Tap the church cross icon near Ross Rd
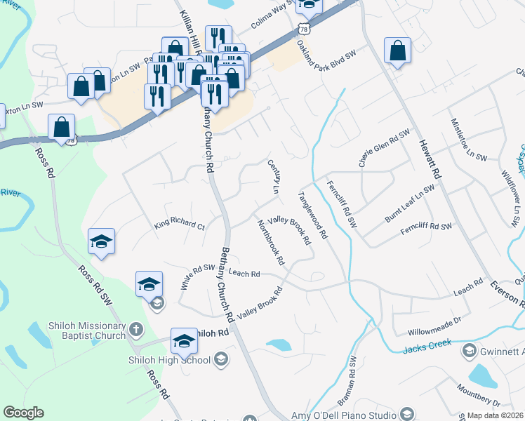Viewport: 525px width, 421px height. (x=137, y=329)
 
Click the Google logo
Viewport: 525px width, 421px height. (x=23, y=413)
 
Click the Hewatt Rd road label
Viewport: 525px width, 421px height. (x=430, y=156)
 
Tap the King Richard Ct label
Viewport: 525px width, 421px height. (x=179, y=227)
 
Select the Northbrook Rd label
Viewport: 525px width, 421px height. (x=271, y=242)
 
